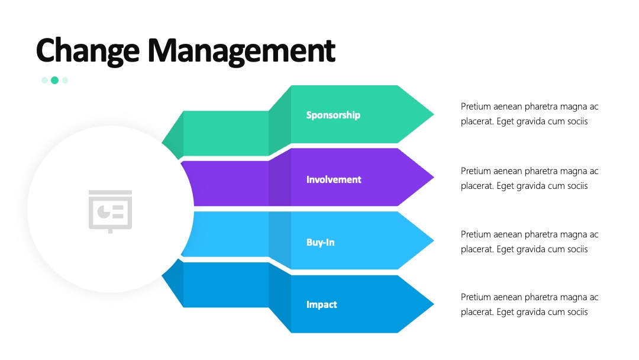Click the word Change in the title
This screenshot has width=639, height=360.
point(88,51)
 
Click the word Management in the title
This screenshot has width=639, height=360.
point(241,51)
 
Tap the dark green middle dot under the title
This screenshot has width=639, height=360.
point(54,81)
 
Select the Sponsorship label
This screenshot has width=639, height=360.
point(333,115)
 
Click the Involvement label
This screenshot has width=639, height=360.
point(334,179)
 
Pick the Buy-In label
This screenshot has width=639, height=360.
point(320,243)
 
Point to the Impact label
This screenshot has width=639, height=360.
point(321,304)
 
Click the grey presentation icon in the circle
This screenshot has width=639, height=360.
point(111,211)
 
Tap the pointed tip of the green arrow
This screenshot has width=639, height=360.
point(434,114)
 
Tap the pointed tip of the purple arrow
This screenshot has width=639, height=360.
point(434,178)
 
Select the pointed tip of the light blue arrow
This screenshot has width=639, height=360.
point(434,240)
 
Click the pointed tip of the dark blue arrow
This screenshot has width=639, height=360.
point(434,304)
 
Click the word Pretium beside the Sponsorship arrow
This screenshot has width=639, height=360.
point(476,107)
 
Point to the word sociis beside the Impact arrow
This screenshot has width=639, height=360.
point(577,312)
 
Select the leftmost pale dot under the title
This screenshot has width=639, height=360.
point(44,81)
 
